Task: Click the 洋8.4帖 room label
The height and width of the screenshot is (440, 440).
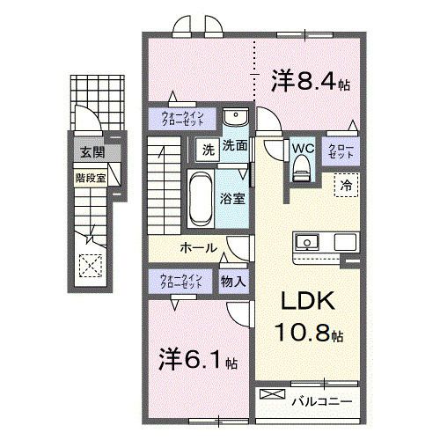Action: [310, 83]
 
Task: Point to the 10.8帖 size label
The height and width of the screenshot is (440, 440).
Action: [312, 335]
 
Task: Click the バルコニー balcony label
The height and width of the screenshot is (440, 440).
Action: [322, 401]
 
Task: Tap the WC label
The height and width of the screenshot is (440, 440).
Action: [303, 149]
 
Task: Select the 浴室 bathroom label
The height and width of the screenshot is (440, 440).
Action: [233, 199]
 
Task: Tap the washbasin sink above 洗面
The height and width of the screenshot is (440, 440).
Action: [233, 119]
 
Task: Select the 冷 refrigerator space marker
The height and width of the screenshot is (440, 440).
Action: [347, 186]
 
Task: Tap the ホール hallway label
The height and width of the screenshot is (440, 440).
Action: [199, 248]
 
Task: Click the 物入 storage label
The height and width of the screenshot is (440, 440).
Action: [233, 282]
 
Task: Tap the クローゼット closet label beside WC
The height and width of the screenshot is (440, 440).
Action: [342, 150]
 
